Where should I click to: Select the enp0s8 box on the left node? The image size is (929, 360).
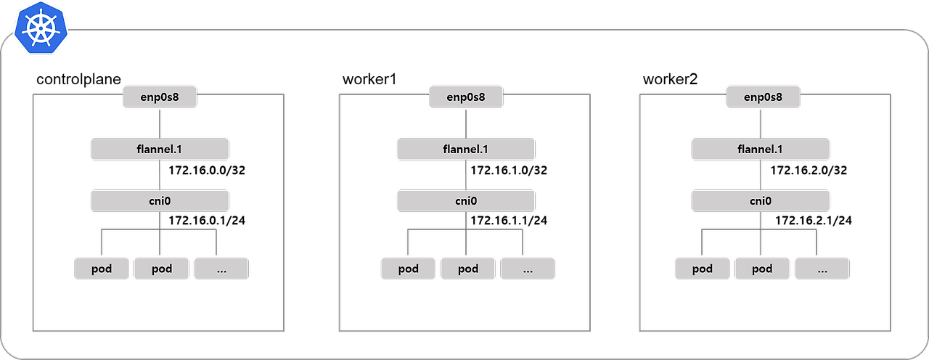click(x=160, y=97)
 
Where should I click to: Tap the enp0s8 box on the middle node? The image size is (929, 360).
click(x=466, y=97)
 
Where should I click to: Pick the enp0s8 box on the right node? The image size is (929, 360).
click(x=763, y=97)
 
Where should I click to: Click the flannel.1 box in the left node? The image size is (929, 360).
click(x=160, y=150)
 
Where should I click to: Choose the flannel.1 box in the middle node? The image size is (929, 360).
click(x=466, y=150)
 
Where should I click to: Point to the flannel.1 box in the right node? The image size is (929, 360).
click(x=761, y=150)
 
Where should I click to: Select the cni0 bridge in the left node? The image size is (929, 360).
click(x=160, y=201)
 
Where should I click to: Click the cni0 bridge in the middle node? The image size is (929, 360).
click(x=466, y=201)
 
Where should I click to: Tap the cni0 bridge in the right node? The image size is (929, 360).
click(x=761, y=201)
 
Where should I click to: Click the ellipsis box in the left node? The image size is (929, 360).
click(x=221, y=269)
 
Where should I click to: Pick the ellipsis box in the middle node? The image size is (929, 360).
click(x=528, y=269)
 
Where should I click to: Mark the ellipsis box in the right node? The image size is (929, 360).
click(x=822, y=269)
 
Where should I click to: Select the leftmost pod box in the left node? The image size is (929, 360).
click(x=102, y=269)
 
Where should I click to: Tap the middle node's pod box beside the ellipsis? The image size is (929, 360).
click(x=468, y=269)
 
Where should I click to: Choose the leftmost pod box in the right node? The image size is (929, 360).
click(x=703, y=269)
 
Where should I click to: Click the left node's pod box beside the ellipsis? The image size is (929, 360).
click(x=162, y=269)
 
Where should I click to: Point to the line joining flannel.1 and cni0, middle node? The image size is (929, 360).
click(x=466, y=175)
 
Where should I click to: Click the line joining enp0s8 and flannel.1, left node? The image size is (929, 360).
click(x=160, y=123)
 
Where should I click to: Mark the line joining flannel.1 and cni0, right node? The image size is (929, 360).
click(x=761, y=175)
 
